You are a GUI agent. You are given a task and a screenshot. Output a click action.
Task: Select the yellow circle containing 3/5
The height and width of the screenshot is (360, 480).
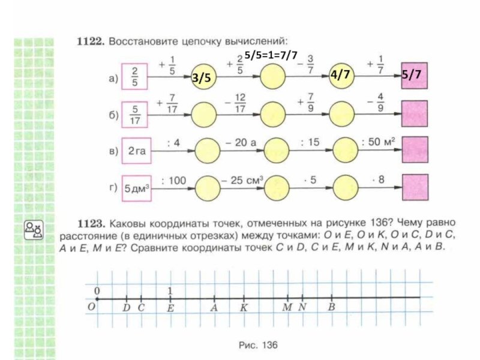(202, 78)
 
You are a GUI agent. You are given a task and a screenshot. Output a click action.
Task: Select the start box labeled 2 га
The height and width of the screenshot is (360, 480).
(137, 151)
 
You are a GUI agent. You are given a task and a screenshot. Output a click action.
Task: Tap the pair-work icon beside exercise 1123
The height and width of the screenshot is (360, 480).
(32, 229)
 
